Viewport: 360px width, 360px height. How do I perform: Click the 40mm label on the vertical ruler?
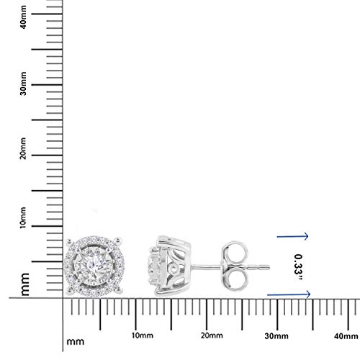(23, 17)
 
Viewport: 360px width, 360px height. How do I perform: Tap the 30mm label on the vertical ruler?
(23, 84)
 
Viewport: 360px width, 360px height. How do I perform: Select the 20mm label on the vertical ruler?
(23, 148)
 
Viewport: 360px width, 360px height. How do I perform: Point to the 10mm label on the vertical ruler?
(23, 217)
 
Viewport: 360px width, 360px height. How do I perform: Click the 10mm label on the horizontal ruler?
(143, 336)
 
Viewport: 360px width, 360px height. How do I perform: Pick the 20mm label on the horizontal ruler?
(212, 336)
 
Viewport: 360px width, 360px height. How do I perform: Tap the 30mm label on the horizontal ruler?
(276, 336)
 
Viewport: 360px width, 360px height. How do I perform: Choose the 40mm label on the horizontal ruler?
(346, 336)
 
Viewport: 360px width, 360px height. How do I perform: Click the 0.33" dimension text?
(299, 267)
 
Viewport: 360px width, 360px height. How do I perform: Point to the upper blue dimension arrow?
(292, 236)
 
